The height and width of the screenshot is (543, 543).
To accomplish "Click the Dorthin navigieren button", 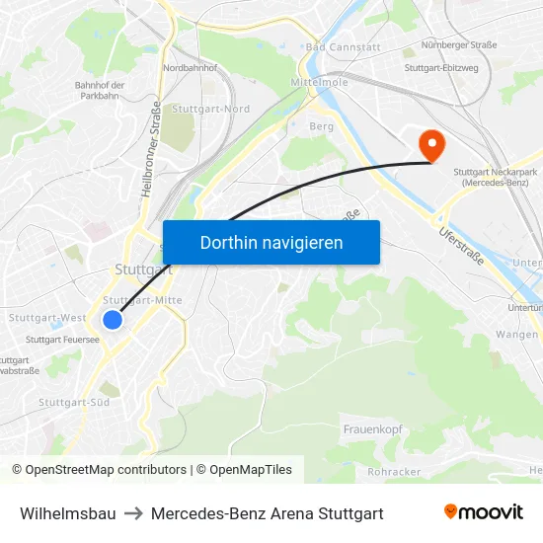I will [271, 242].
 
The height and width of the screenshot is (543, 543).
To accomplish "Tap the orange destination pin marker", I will [431, 146].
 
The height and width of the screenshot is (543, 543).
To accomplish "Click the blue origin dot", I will [113, 320].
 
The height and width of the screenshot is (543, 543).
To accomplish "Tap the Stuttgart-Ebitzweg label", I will [441, 68].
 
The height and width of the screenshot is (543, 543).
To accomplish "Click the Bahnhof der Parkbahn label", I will [100, 91].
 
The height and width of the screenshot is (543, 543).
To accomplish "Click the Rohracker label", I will [395, 472].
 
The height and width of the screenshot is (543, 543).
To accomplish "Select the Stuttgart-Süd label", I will [74, 402].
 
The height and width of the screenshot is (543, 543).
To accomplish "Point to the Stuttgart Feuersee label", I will [62, 339].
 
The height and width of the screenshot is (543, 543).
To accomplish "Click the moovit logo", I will [483, 512].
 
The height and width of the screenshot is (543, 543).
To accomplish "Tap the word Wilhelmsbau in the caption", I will [68, 513].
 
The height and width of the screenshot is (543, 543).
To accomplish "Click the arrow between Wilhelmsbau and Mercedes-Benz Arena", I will [133, 513].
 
